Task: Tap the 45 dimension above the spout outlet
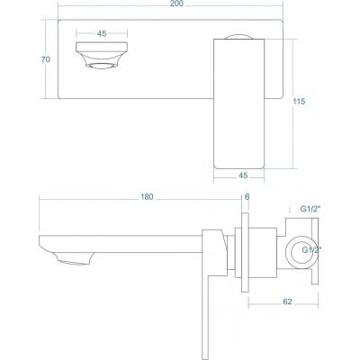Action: pyautogui.click(x=101, y=34)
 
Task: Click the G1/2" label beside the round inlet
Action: pyautogui.click(x=312, y=248)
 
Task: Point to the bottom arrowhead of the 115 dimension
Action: pyautogui.click(x=291, y=165)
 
